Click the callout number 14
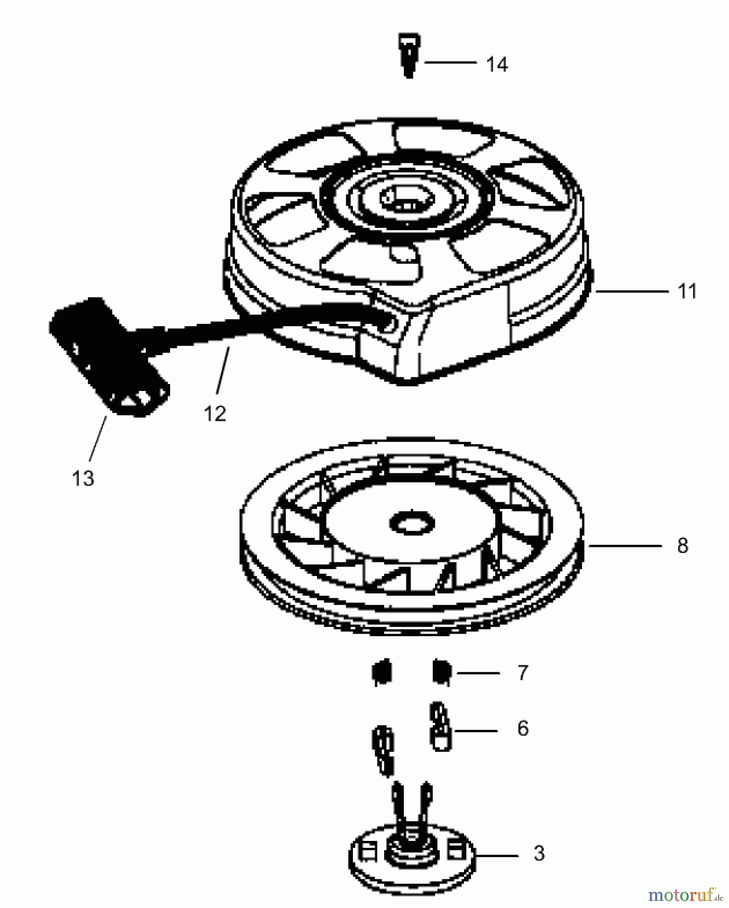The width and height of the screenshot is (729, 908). point(497,65)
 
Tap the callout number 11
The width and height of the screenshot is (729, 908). point(687,292)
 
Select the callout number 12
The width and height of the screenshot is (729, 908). point(215,414)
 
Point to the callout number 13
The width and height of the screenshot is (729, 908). point(83,478)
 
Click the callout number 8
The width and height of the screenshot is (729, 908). point(683,545)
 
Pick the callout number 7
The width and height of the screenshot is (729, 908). point(523,672)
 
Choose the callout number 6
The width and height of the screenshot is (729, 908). point(523,728)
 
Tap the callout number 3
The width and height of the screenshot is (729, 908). point(539,853)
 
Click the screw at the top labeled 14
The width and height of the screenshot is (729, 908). point(409,55)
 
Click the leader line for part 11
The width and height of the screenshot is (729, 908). point(632,291)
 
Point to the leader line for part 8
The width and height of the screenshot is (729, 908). point(624,545)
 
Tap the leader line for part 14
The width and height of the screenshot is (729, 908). point(450,63)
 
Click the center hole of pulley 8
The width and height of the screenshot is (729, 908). point(412,524)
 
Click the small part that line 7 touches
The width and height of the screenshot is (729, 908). point(442,672)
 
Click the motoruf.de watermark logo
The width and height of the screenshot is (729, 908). point(686,895)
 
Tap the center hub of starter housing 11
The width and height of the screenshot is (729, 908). point(406,198)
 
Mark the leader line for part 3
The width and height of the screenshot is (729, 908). point(497,856)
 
